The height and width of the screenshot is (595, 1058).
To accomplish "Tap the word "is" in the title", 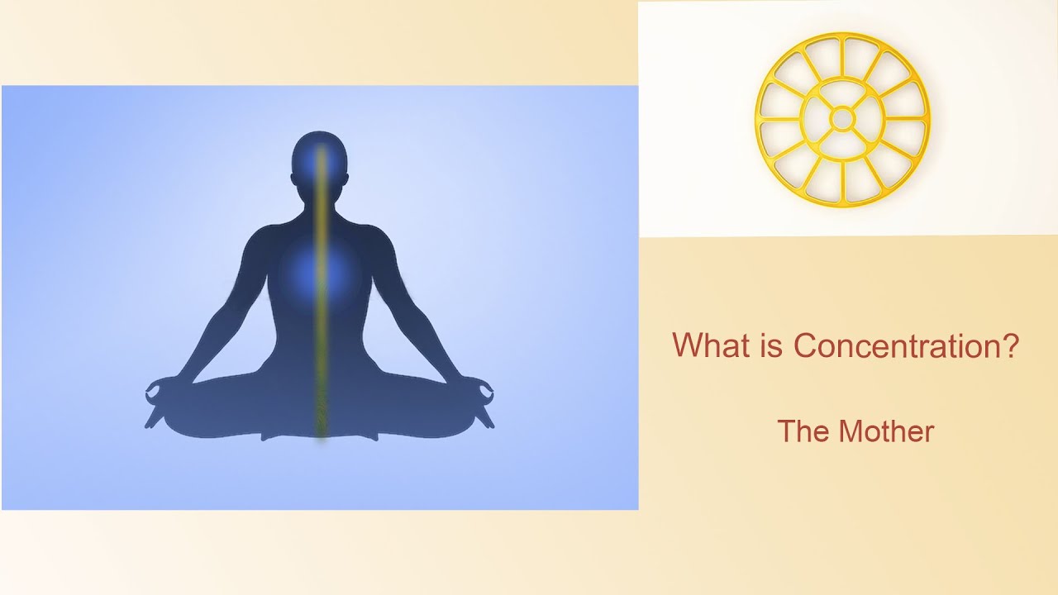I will (x=771, y=345).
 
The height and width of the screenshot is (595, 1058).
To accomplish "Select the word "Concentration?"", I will (x=906, y=345).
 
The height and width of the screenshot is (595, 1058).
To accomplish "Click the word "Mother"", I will (x=886, y=431).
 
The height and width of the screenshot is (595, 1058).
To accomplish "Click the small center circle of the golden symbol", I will (x=842, y=120).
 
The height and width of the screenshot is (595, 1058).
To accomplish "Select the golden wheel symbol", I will (x=842, y=120).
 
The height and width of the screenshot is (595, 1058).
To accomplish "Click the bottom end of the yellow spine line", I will (x=321, y=434).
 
